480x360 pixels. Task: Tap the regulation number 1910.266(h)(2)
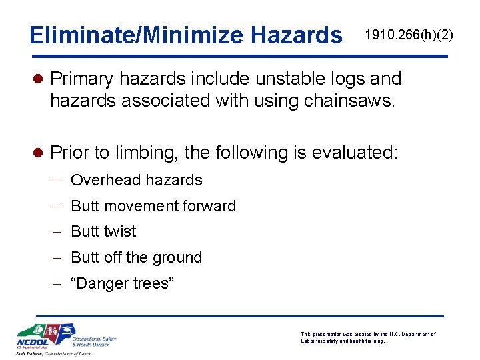pyautogui.click(x=409, y=35)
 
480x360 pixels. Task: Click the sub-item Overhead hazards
pyautogui.click(x=136, y=180)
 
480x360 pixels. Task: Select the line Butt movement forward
pyautogui.click(x=153, y=206)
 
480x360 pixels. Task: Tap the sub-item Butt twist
pyautogui.click(x=103, y=231)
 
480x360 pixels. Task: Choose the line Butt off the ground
pyautogui.click(x=136, y=257)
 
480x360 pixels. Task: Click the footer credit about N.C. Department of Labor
pyautogui.click(x=368, y=337)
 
